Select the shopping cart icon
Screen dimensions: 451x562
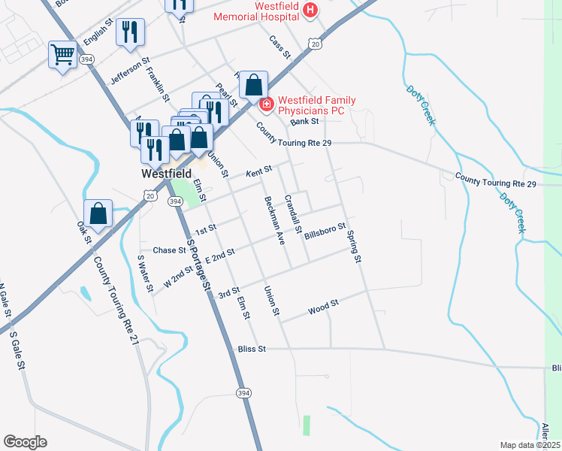63,54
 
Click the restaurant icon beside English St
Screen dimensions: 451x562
131,32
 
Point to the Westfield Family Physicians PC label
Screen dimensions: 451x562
311,105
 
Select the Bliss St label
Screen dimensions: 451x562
251,349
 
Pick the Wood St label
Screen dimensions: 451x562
324,307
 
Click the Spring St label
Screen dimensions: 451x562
354,247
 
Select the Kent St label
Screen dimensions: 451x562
258,173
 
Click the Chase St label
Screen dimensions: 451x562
168,250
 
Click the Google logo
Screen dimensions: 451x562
25,442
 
